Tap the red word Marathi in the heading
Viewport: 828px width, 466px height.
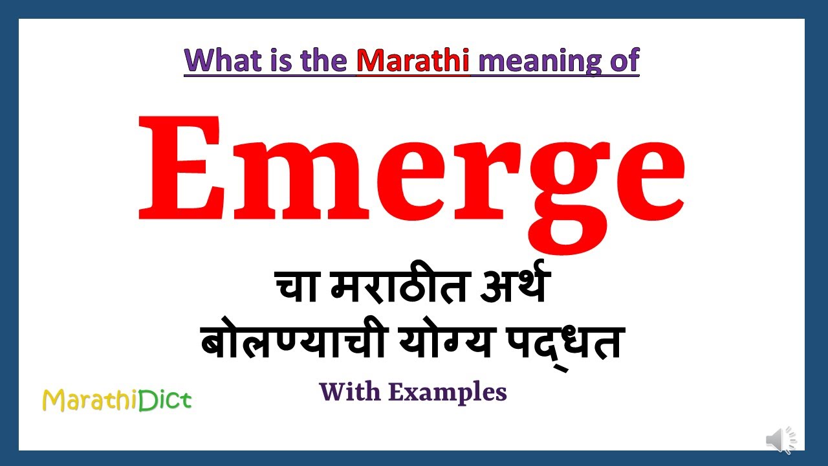click(x=413, y=60)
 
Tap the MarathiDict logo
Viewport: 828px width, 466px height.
click(x=117, y=401)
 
